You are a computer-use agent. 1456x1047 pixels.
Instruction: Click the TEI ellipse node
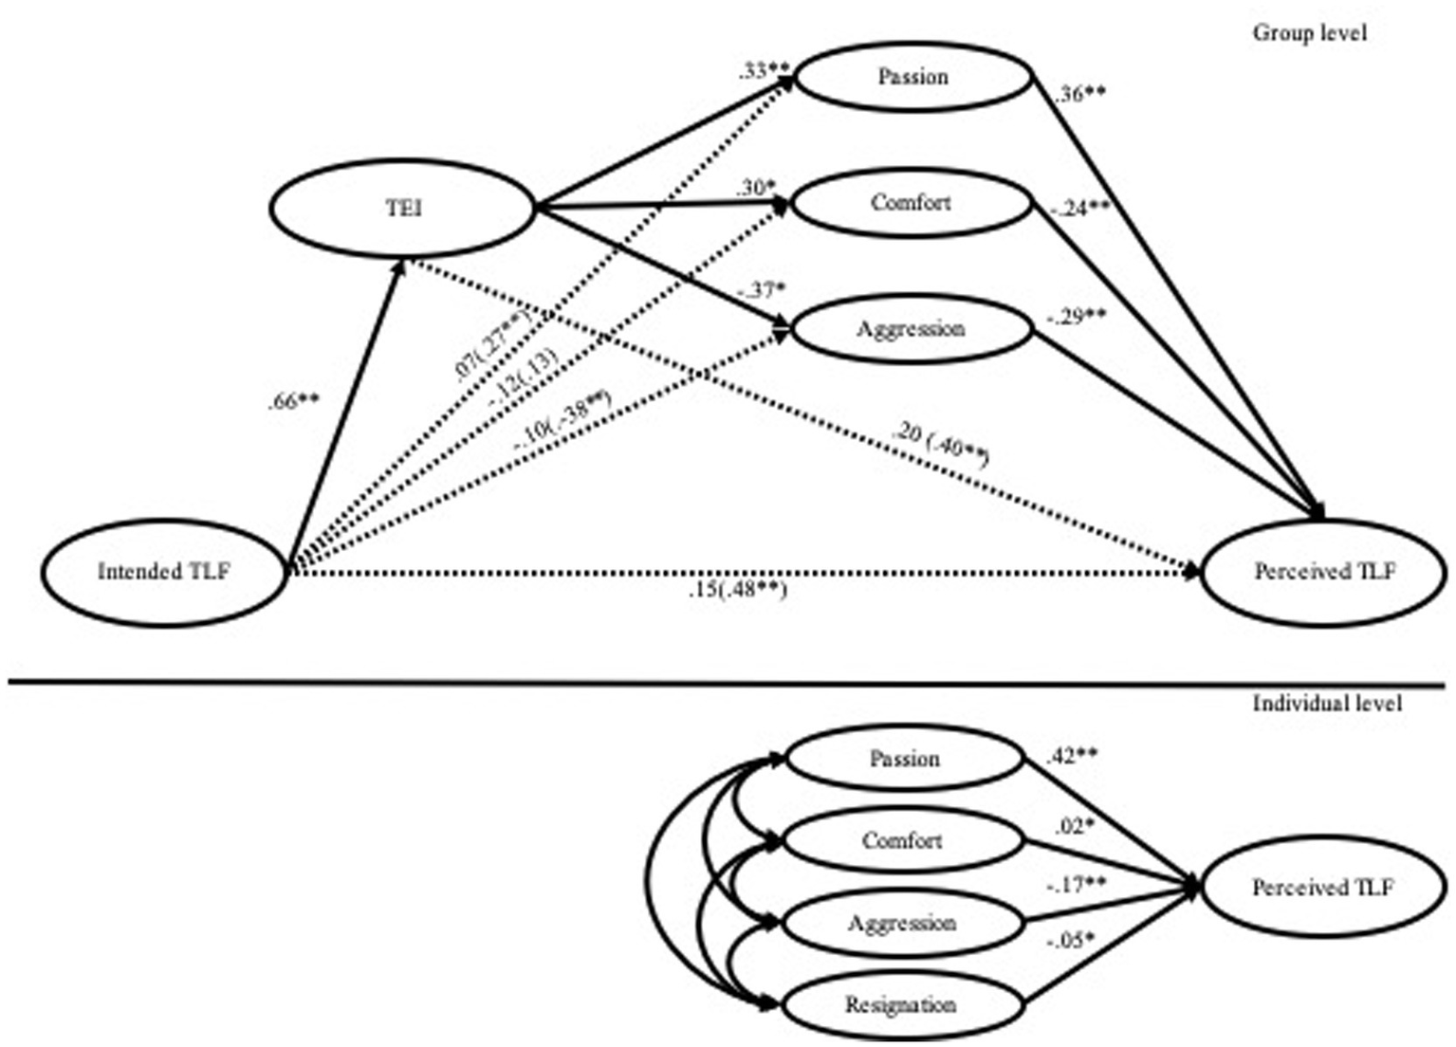pyautogui.click(x=403, y=208)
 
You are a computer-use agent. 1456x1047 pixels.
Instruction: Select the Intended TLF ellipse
pyautogui.click(x=163, y=572)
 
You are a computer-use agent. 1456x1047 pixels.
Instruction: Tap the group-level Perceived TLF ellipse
pyautogui.click(x=1324, y=572)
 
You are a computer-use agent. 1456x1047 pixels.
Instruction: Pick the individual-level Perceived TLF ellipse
pyautogui.click(x=1322, y=889)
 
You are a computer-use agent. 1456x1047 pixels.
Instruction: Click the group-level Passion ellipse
pyautogui.click(x=912, y=77)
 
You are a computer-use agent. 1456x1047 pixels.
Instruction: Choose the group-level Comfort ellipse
pyautogui.click(x=911, y=203)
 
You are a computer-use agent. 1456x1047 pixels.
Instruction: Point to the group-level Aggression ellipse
pyautogui.click(x=911, y=329)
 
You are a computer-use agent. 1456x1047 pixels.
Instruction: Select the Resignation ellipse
pyautogui.click(x=901, y=1004)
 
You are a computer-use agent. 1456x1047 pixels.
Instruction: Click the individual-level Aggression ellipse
pyautogui.click(x=901, y=923)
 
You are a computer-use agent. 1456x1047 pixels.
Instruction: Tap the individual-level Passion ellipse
pyautogui.click(x=904, y=759)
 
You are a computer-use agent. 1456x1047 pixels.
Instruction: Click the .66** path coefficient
pyautogui.click(x=293, y=402)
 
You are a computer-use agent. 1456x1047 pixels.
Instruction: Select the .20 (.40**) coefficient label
pyautogui.click(x=940, y=444)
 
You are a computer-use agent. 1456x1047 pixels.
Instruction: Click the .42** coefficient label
pyautogui.click(x=1073, y=757)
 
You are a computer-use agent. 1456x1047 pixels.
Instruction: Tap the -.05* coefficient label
pyautogui.click(x=1070, y=941)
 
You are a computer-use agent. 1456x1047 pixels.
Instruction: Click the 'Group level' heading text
pyautogui.click(x=1309, y=33)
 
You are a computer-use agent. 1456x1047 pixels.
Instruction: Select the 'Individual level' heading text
pyautogui.click(x=1326, y=703)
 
